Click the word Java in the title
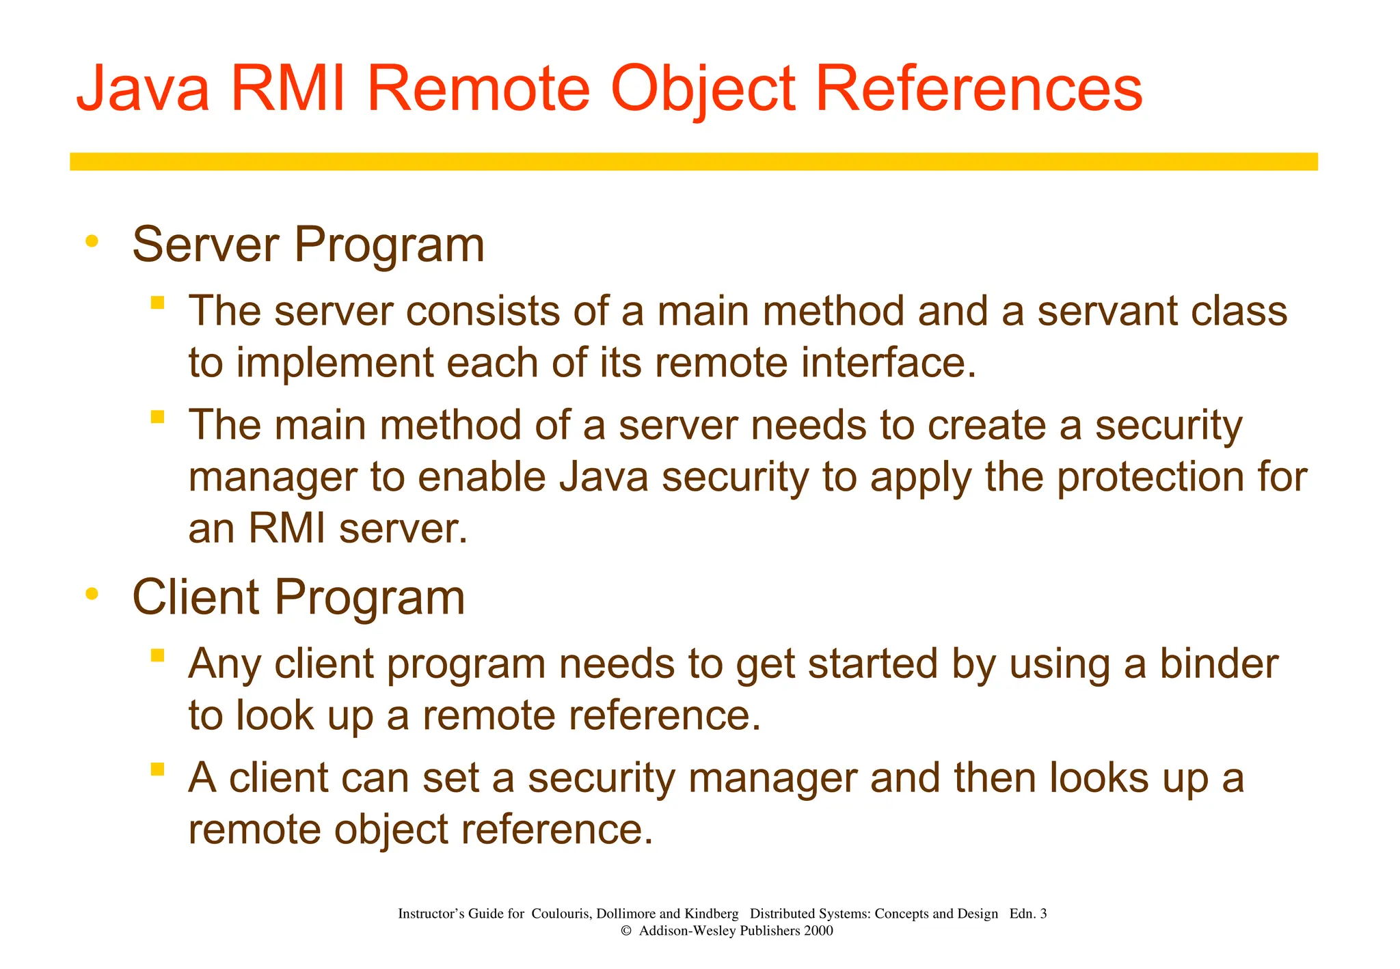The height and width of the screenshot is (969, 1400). point(142,89)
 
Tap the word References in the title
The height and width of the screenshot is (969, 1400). point(978,89)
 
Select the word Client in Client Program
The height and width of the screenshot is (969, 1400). point(196,597)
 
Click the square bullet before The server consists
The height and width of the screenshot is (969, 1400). point(158,303)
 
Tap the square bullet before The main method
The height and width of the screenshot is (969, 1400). point(158,416)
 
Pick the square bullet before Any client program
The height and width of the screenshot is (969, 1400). point(158,655)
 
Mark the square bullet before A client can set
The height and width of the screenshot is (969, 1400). point(158,769)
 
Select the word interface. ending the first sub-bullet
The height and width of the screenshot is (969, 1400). point(889,363)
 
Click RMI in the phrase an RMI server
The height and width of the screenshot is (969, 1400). point(286,528)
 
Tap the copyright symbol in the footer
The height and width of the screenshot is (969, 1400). point(625,931)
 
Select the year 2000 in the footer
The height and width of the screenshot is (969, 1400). point(818,931)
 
